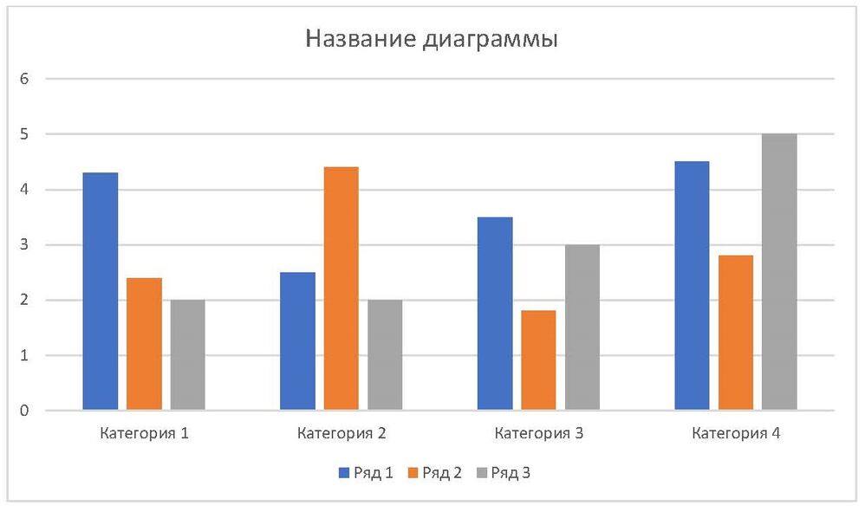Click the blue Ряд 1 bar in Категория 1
(100, 291)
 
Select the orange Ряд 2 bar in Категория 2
(341, 288)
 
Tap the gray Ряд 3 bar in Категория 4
(778, 272)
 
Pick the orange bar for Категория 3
(538, 360)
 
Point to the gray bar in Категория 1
(187, 354)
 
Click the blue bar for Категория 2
(297, 340)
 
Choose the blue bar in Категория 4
(692, 286)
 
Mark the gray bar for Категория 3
(582, 327)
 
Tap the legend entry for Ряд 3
(510, 472)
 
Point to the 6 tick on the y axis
(24, 79)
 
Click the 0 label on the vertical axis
(24, 411)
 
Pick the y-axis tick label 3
(24, 245)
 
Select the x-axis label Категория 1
(145, 433)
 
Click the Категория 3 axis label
(538, 433)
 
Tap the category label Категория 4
(736, 433)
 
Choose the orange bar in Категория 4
(735, 333)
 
